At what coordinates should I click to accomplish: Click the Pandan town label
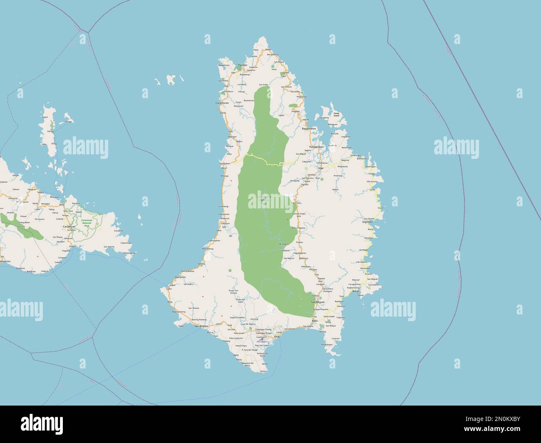tap(242, 65)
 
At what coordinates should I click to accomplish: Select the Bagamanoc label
tap(309, 129)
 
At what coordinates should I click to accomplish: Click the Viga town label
tap(320, 168)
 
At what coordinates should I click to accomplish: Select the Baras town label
tap(355, 292)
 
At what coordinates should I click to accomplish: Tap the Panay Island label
tap(336, 114)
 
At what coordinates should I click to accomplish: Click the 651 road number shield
tap(282, 164)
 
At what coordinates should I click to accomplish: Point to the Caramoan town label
tap(69, 226)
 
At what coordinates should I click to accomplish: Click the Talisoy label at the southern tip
tap(262, 371)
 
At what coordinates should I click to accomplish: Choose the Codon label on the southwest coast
tap(169, 289)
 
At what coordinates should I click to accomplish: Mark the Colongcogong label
tap(129, 253)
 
